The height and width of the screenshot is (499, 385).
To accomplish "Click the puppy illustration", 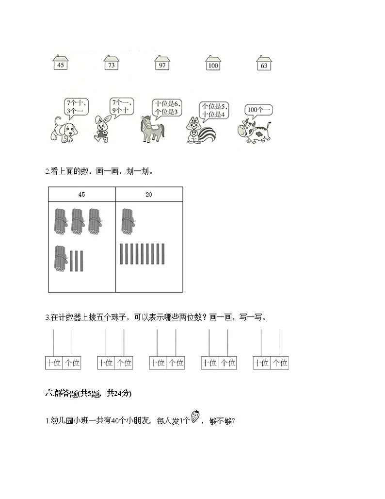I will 63,131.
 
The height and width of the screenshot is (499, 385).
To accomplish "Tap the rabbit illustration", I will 102,129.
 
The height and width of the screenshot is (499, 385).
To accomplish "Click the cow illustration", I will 255,132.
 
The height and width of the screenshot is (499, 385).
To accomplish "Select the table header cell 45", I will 81,195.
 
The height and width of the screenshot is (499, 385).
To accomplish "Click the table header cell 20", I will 149,195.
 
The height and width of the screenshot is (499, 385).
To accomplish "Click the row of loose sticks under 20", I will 143,254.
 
